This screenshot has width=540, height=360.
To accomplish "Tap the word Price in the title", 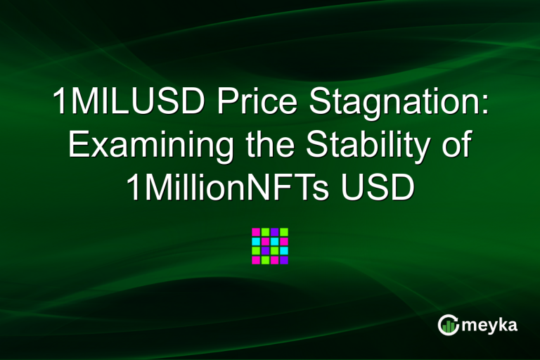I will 252,103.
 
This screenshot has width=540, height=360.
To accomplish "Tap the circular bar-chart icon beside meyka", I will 448,324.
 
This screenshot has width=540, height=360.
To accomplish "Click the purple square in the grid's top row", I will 275,232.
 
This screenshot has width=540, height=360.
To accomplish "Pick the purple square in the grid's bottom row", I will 284,260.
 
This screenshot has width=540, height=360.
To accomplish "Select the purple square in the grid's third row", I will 266,250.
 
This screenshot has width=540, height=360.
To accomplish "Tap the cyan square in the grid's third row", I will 284,250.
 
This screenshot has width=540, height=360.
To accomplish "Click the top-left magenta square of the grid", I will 257,232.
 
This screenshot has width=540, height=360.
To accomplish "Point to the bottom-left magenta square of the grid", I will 257,260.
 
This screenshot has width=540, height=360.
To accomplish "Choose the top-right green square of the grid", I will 284,232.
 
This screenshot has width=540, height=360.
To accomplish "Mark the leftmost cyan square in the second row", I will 257,241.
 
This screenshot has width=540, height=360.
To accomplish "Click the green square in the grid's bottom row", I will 266,260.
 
